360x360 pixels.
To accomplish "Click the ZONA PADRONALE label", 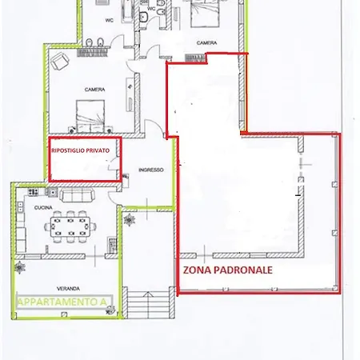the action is pos(228,270).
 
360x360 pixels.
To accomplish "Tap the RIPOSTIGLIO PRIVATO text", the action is pos(80,150).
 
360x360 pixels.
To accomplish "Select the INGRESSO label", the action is pos(151,170).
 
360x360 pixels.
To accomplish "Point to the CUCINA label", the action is pos(43,207).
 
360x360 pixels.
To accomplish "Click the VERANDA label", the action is pos(68,289).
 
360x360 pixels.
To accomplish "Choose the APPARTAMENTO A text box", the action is pos(64,302).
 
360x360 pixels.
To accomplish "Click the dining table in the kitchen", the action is pos(70,227).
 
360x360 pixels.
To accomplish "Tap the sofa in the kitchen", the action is pos(77,195).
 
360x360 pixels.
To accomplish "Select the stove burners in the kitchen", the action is pos(34,192).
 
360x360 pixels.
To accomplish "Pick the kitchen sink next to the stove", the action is pos(53,192).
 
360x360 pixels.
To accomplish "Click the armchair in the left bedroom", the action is pos(60,61).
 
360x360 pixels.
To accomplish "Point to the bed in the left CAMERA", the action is pos(90,116).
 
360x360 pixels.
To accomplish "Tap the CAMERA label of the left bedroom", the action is pos(94,90).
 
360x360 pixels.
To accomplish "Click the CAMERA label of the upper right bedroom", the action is pos(206,42).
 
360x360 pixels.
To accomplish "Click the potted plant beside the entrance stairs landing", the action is pos(130,220).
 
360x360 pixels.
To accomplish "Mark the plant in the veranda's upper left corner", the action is pos(20,267).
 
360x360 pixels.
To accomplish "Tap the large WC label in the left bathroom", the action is pos(110,20).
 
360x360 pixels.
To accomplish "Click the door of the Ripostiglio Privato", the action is pos(113,163).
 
